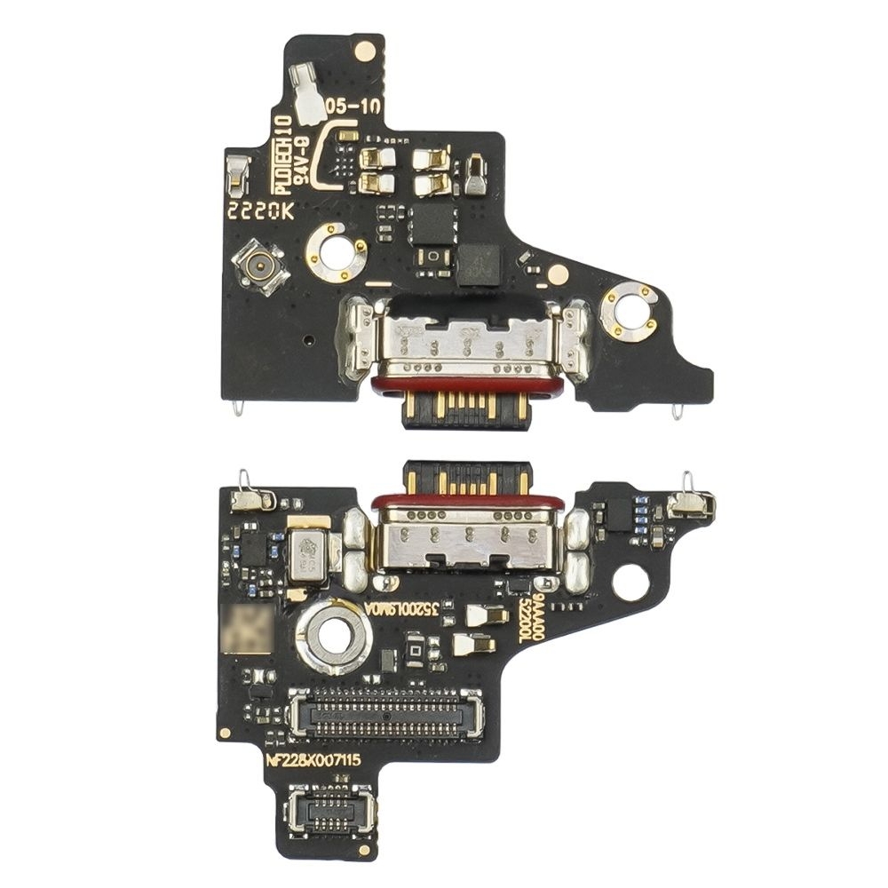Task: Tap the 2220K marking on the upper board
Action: (260, 211)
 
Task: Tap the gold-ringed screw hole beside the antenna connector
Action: (337, 252)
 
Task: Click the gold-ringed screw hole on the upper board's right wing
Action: (629, 312)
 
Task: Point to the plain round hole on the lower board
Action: (630, 583)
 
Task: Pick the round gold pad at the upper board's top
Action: (364, 51)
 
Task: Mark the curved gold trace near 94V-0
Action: (329, 155)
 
